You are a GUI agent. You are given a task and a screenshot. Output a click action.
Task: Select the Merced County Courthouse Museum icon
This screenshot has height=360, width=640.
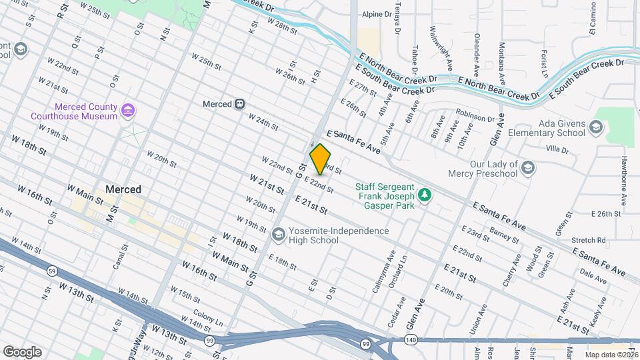[129, 109]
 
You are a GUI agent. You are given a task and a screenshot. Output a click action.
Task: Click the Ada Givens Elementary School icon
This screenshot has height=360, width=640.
[595, 127]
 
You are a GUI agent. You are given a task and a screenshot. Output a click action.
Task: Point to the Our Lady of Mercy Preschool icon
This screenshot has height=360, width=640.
[529, 166]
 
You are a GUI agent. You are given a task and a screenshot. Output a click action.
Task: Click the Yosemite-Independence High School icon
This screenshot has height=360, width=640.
[278, 234]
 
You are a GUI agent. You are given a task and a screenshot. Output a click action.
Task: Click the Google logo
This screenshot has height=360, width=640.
[22, 352]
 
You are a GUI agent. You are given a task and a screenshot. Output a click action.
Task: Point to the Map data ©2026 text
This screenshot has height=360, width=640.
[611, 355]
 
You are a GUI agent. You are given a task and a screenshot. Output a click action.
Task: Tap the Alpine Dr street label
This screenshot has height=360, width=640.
[377, 14]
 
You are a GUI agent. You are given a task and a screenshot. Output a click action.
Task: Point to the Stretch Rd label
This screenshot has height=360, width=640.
[592, 240]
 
